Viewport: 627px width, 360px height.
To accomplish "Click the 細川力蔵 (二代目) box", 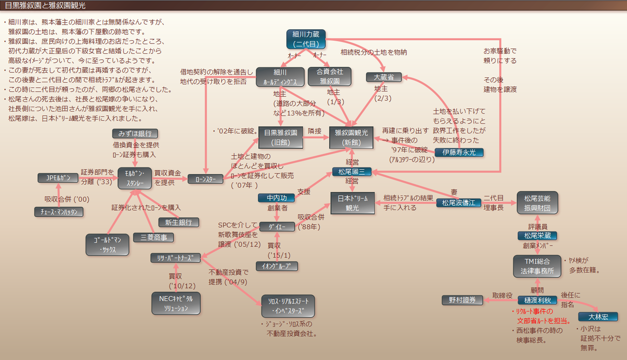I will (306, 39).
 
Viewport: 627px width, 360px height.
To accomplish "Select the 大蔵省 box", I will (384, 77).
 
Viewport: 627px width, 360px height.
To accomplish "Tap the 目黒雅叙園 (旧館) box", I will (281, 137).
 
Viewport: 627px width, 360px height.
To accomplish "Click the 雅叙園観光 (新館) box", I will (352, 137).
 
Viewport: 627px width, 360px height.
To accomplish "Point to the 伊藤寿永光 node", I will (458, 152).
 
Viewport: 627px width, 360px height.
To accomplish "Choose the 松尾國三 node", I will (352, 171).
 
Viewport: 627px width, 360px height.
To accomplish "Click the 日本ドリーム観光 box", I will (352, 203).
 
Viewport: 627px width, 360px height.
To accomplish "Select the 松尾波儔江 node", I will (458, 203).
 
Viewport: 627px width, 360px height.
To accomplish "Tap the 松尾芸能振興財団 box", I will (537, 203).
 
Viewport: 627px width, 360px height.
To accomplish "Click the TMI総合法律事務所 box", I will (537, 266).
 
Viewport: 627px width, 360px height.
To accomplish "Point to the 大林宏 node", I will (598, 316).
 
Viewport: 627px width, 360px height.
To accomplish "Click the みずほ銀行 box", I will (135, 133).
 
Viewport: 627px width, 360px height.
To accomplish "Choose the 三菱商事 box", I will (153, 238).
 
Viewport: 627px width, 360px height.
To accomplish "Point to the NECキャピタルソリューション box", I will (175, 303).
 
